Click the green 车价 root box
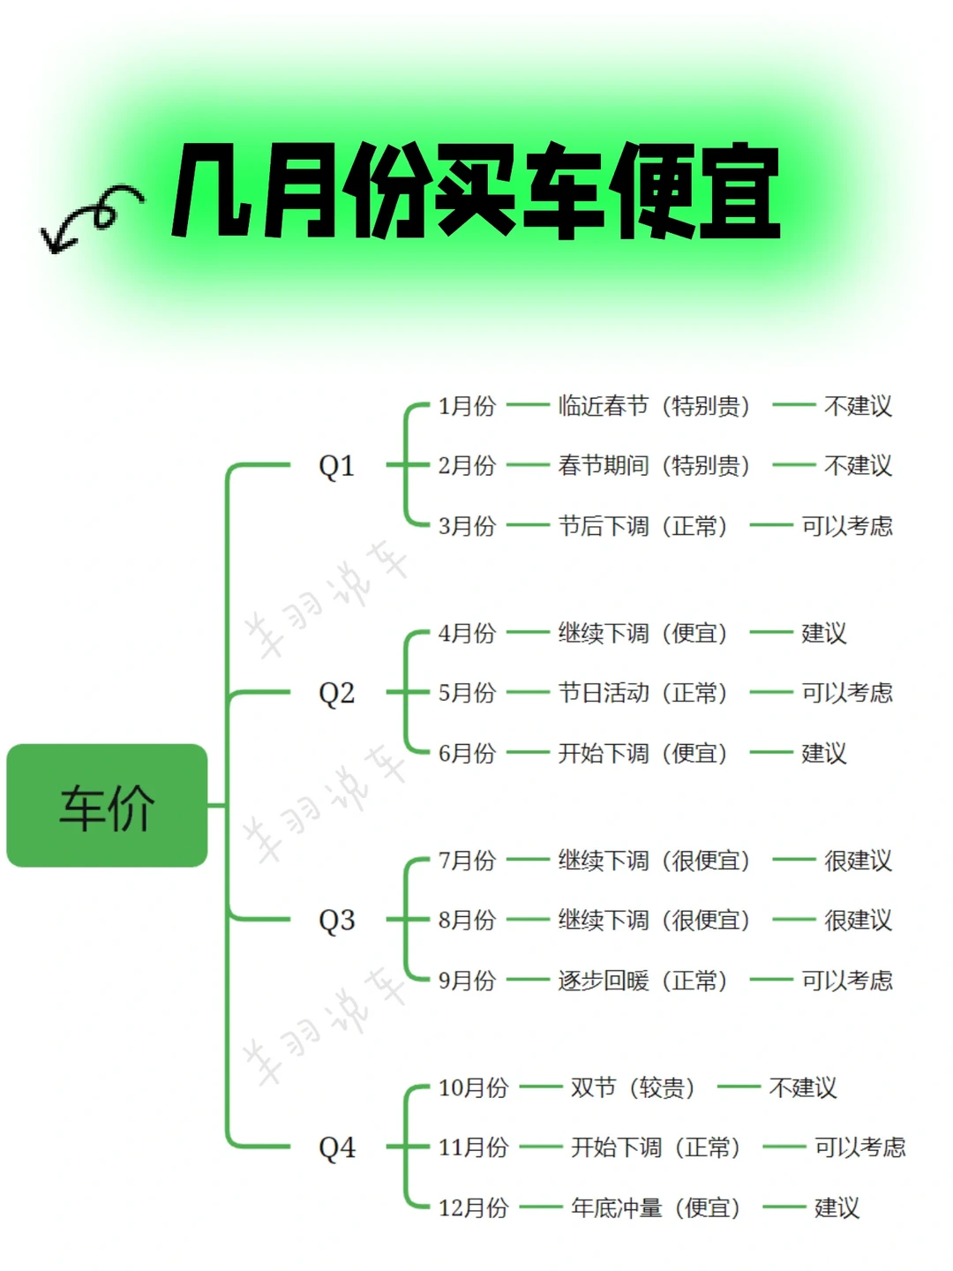pyautogui.click(x=107, y=805)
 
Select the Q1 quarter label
pyautogui.click(x=336, y=465)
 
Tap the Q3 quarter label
pyautogui.click(x=336, y=920)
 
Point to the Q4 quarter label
pyautogui.click(x=336, y=1147)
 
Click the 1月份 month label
pyautogui.click(x=467, y=406)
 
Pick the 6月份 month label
pyautogui.click(x=467, y=753)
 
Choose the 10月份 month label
pyautogui.click(x=473, y=1087)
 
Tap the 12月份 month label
pyautogui.click(x=473, y=1207)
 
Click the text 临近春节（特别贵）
pyautogui.click(x=654, y=406)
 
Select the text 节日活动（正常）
pyautogui.click(x=642, y=693)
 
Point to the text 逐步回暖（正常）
pyautogui.click(x=642, y=981)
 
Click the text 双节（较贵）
pyautogui.click(x=633, y=1087)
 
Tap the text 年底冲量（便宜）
pyautogui.click(x=656, y=1207)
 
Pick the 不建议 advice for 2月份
pyautogui.click(x=858, y=465)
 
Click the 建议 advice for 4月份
pyautogui.click(x=823, y=633)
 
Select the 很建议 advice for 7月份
pyautogui.click(x=858, y=861)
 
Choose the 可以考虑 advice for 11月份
pyautogui.click(x=859, y=1147)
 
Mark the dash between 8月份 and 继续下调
pyautogui.click(x=528, y=920)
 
